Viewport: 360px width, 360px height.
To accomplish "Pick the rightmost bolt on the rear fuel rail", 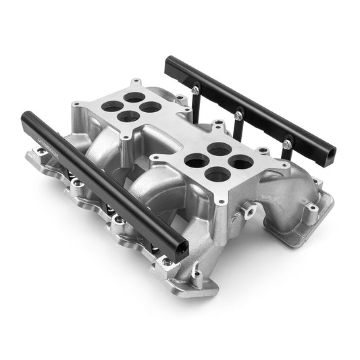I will pos(287,143).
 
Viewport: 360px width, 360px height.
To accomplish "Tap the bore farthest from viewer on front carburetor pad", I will pos(217,147).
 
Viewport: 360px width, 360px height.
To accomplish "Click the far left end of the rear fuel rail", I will pos(168,62).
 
